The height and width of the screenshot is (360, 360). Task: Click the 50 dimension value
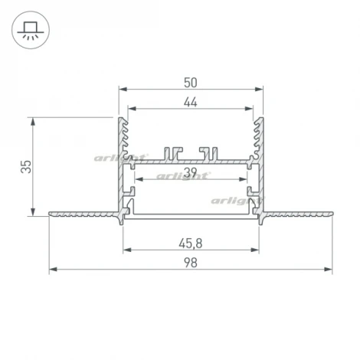(190, 81)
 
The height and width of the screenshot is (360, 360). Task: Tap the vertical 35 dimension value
(25, 165)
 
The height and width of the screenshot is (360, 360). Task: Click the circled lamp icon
(31, 31)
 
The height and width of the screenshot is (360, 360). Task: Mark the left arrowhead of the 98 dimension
(52, 270)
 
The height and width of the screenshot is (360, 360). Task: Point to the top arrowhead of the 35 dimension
(32, 121)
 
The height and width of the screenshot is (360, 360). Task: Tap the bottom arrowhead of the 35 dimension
(32, 212)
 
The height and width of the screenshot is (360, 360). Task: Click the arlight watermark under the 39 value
(184, 175)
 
